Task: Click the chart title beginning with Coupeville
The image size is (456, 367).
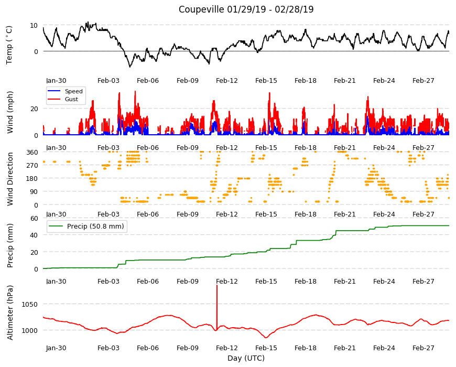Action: [x=246, y=9]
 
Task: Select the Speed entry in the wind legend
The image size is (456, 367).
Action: [x=73, y=91]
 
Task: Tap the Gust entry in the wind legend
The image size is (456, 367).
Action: [x=71, y=99]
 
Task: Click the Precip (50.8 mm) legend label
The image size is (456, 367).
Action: [x=95, y=226]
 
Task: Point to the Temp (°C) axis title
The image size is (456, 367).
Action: [x=9, y=45]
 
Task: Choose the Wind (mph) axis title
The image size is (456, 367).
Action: [x=10, y=112]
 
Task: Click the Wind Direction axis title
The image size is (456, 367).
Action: [x=10, y=179]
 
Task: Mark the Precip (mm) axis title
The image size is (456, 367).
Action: [x=10, y=245]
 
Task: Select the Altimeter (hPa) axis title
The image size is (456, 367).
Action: [x=10, y=312]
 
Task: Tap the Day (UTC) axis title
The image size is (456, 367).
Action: [x=246, y=358]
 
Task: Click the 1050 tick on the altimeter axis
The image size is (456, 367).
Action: [x=29, y=304]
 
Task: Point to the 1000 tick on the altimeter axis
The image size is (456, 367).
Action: [x=29, y=330]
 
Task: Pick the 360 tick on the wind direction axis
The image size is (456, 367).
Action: [x=32, y=152]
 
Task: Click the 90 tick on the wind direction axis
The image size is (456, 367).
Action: [x=34, y=192]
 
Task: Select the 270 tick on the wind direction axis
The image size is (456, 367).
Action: [x=32, y=165]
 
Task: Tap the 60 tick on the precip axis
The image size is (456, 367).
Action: [x=34, y=219]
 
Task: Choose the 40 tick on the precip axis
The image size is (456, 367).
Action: [x=34, y=235]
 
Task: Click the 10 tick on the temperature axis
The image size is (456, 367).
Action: [x=34, y=25]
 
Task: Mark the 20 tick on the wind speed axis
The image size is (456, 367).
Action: [x=34, y=109]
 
